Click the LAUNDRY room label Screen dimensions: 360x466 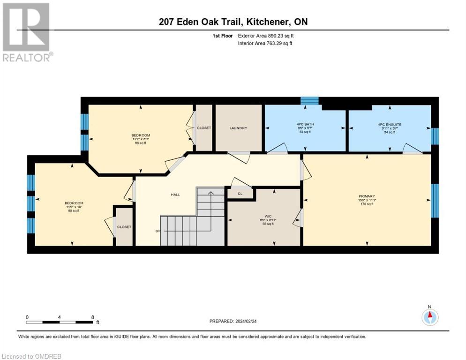coord(238,128)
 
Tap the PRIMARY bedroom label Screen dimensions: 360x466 coord(367,196)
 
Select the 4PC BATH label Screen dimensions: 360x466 coord(305,124)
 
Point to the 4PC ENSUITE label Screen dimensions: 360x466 coord(390,124)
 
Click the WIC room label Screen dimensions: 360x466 coord(268,216)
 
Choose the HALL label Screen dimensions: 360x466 coord(175,195)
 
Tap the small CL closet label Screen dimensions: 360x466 coord(240,193)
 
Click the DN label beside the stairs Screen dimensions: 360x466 coord(158,231)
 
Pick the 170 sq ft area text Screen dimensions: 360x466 coord(367,204)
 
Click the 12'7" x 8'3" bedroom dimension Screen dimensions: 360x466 coord(141,139)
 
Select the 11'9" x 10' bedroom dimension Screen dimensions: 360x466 coord(74,207)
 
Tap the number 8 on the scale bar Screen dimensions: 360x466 coord(92,317)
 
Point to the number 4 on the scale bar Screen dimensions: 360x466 coord(60,317)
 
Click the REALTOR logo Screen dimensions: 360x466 coord(27,32)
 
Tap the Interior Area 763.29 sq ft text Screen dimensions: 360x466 coord(265,44)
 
